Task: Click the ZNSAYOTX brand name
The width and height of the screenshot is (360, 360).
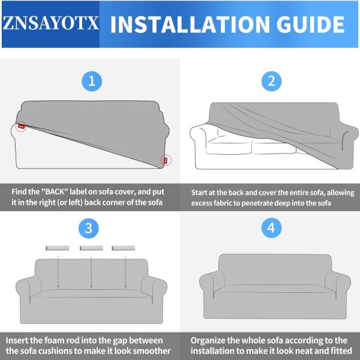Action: click(50, 25)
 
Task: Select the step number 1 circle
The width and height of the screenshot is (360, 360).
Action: click(92, 81)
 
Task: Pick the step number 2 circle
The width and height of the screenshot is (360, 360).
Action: click(271, 81)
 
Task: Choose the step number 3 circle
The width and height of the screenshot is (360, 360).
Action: click(89, 228)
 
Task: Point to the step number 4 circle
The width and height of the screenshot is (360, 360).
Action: click(271, 228)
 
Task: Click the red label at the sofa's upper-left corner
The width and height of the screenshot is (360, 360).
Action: click(21, 127)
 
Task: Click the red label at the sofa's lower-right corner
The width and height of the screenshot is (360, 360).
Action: click(165, 160)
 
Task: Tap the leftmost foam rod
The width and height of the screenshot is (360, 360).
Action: click(57, 247)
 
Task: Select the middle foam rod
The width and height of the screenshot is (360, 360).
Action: click(91, 247)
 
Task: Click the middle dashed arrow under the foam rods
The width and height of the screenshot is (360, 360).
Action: click(91, 273)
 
